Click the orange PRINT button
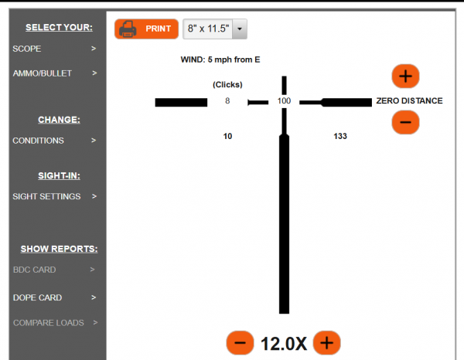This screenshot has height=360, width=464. point(146,29)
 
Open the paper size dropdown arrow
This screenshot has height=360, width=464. point(240,29)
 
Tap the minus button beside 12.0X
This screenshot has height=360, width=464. point(240,343)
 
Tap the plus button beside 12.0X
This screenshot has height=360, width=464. point(326,343)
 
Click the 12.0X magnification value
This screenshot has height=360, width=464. point(284,344)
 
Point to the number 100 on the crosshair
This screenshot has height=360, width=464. point(284,100)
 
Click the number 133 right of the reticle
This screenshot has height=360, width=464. point(340,136)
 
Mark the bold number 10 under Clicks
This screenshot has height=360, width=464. point(227,136)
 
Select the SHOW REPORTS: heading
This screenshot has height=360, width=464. point(59,249)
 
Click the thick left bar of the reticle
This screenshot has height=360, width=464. point(181,102)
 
